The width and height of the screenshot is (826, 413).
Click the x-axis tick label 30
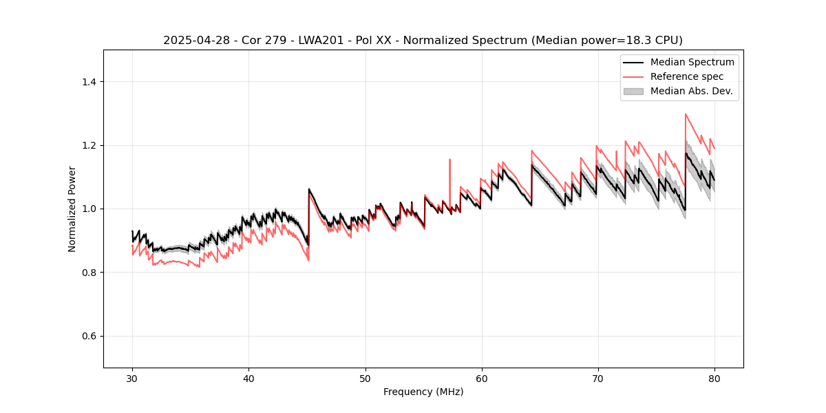[x=132, y=378]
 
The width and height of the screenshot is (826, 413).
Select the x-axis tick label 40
[x=248, y=378]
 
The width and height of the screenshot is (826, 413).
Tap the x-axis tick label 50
[x=365, y=378]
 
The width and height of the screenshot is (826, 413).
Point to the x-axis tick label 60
[x=481, y=378]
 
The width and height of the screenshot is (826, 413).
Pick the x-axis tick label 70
[x=597, y=378]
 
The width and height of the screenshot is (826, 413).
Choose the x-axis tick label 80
[x=714, y=378]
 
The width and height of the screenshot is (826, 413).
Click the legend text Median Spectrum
[x=692, y=62]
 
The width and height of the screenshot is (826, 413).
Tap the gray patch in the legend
[x=633, y=91]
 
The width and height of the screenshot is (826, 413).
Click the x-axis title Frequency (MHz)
[x=423, y=392]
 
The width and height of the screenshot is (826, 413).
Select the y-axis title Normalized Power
[x=72, y=209]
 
